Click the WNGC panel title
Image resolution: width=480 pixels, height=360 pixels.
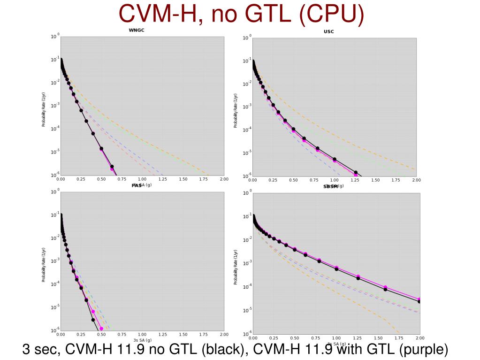pyautogui.click(x=136, y=31)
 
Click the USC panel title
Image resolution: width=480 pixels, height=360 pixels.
pyautogui.click(x=328, y=32)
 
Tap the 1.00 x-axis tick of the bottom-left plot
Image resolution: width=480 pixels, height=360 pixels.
pyautogui.click(x=142, y=335)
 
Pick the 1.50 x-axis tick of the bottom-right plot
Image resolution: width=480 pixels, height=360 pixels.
pyautogui.click(x=378, y=338)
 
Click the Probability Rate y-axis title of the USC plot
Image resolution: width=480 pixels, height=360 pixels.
pyautogui.click(x=236, y=110)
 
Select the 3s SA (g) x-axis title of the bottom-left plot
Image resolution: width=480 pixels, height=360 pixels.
pyautogui.click(x=142, y=340)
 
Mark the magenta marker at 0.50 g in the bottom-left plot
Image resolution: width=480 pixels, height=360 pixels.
pyautogui.click(x=101, y=329)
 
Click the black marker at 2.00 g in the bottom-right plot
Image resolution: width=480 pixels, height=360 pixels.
pyautogui.click(x=419, y=301)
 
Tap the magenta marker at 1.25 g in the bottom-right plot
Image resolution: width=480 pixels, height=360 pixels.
pyautogui.click(x=358, y=276)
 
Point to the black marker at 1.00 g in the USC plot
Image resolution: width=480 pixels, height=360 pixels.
pyautogui.click(x=335, y=159)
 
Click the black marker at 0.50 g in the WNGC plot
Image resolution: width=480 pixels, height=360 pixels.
pyautogui.click(x=101, y=149)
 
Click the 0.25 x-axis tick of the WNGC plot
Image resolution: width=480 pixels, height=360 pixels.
pyautogui.click(x=81, y=179)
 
